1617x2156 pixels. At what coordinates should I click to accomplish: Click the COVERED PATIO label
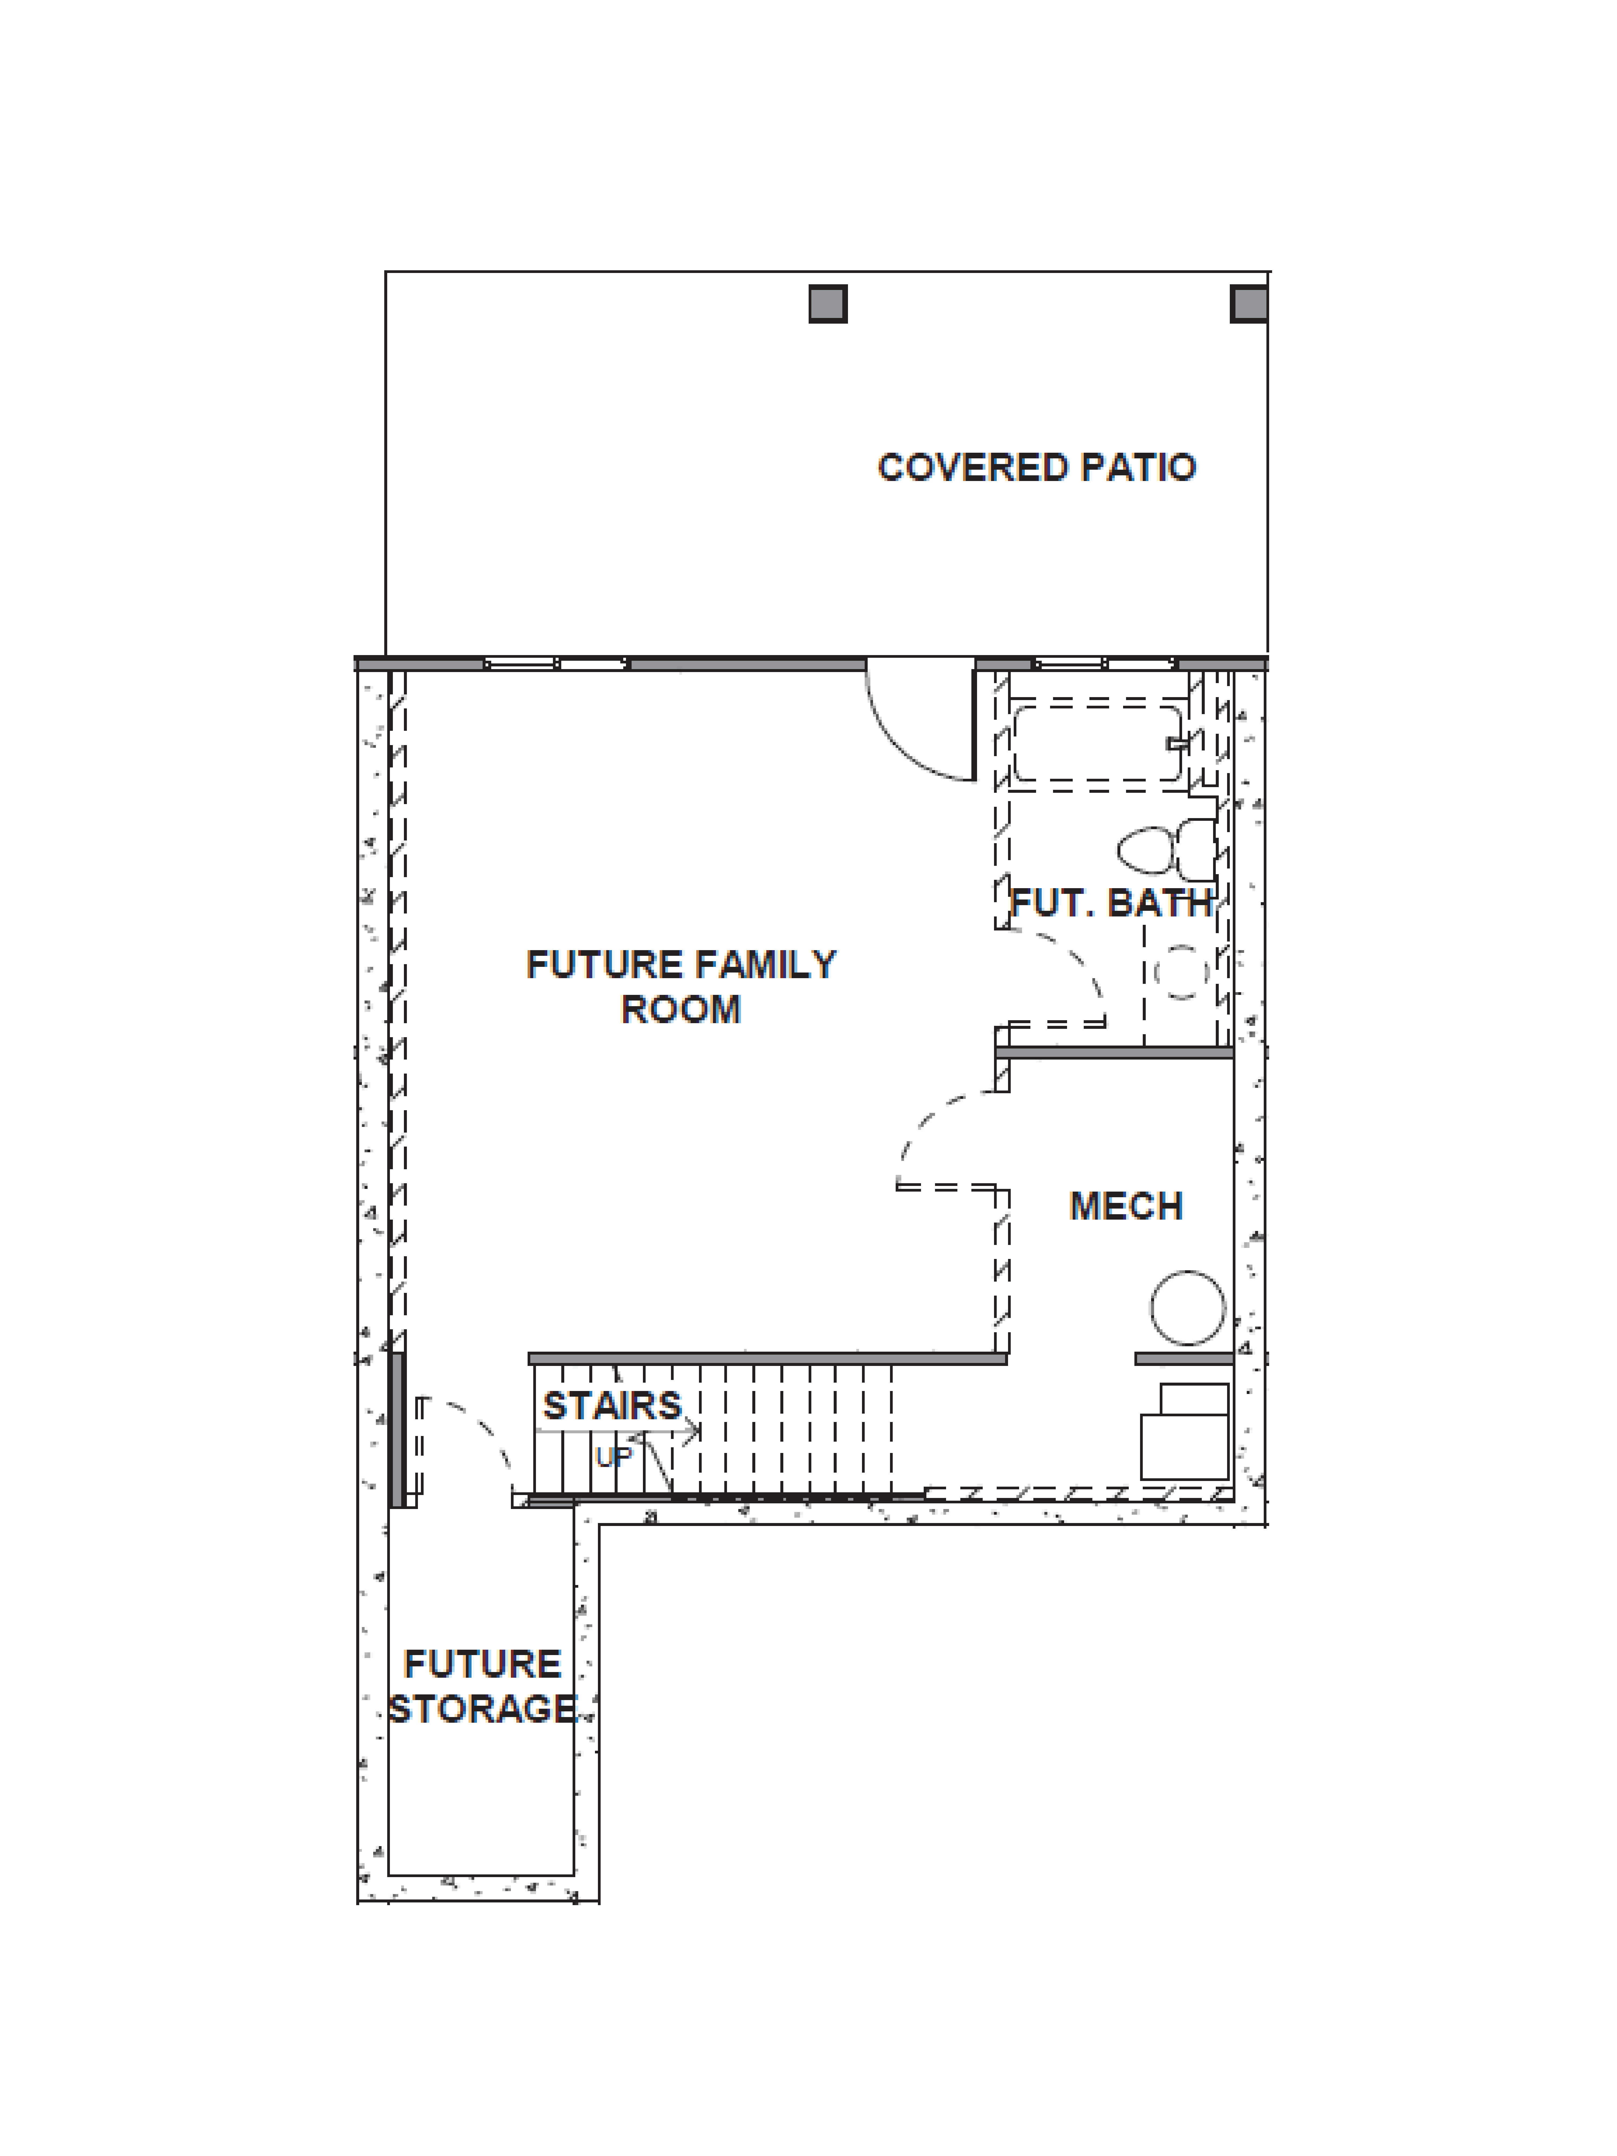pos(1036,468)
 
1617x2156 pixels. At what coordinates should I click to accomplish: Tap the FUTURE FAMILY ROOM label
pos(680,986)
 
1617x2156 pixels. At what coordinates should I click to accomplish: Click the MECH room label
pos(1126,1207)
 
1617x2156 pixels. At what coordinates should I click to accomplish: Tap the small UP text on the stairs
pos(614,1457)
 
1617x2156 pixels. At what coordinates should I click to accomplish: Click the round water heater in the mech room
pos(1187,1308)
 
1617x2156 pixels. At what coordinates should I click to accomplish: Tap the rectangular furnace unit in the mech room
pos(1184,1433)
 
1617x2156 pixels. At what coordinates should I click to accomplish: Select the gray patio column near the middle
pos(827,304)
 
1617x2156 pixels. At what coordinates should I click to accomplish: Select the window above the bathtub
pos(1104,664)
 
